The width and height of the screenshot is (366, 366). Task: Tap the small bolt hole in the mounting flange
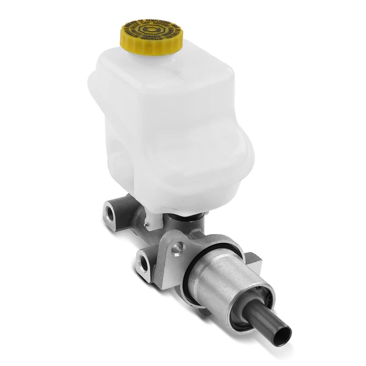[177, 248]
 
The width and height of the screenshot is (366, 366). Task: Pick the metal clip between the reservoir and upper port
[138, 210]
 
